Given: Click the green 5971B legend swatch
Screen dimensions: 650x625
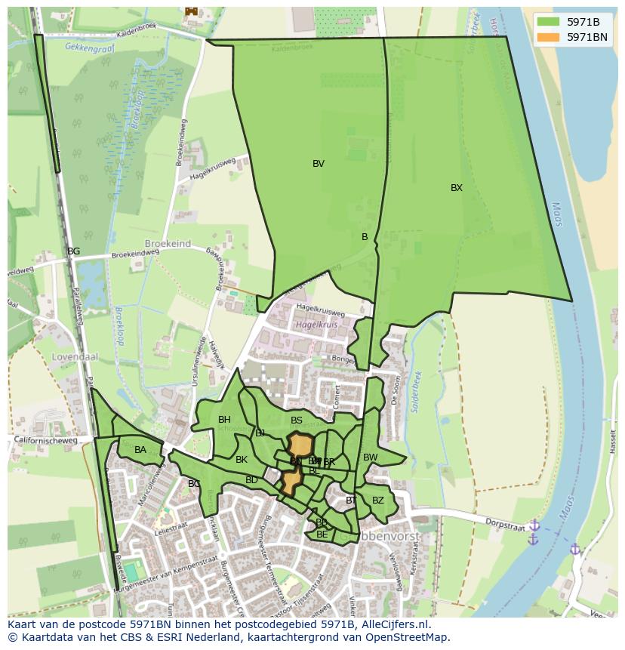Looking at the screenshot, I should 549,22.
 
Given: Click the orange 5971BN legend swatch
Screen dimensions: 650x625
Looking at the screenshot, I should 549,37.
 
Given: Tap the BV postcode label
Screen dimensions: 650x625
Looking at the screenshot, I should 319,164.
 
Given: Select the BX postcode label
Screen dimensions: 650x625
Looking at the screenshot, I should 457,188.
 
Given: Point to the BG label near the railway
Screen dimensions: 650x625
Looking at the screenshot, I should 73,251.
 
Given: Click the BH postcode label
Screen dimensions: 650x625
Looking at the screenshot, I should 224,420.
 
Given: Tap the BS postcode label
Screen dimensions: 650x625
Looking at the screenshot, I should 297,420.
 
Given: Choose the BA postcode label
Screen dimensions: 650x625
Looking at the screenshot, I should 140,450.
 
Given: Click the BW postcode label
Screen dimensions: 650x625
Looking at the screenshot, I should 371,457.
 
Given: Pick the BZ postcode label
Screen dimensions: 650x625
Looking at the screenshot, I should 378,501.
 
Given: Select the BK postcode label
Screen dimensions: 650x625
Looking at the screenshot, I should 242,460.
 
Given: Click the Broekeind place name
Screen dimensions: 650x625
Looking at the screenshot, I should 168,245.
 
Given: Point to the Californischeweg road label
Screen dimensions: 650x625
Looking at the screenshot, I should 46,442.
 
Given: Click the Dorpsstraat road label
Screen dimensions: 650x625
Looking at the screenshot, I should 505,525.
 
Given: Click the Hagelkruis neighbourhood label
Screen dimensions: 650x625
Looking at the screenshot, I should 315,325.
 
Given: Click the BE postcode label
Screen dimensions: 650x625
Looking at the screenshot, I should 322,534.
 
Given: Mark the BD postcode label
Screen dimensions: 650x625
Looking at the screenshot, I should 251,480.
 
